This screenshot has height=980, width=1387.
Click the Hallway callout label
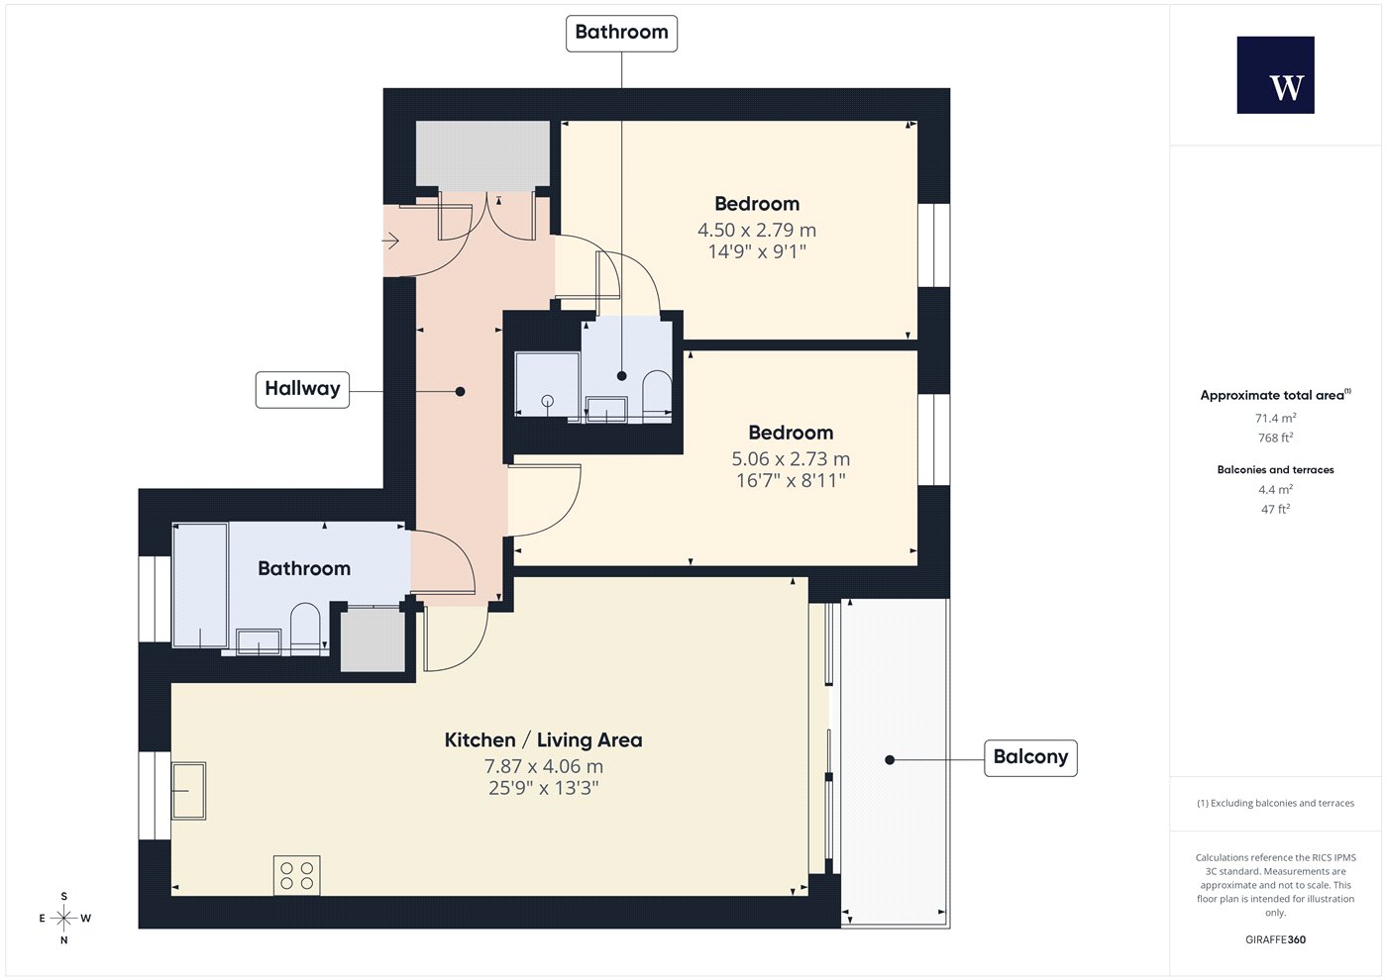click(302, 389)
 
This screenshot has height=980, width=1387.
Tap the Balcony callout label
click(1030, 757)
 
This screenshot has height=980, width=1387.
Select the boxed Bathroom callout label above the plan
click(621, 33)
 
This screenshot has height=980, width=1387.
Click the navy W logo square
click(1276, 75)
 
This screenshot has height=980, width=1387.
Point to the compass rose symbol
click(63, 918)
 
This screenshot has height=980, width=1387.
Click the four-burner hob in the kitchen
click(297, 875)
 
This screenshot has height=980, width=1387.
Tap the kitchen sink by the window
click(189, 791)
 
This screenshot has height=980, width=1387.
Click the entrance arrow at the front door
click(390, 240)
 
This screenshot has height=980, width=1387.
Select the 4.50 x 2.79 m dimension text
click(757, 230)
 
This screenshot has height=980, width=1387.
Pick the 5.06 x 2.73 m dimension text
click(791, 459)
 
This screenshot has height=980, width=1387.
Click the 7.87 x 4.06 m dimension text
click(544, 766)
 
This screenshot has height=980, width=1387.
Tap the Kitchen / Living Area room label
click(544, 740)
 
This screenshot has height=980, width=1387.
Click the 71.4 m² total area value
click(1276, 418)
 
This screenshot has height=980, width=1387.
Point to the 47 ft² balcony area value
click(1276, 509)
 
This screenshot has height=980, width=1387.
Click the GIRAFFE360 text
click(1276, 939)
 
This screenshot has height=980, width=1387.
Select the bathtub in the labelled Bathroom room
click(200, 586)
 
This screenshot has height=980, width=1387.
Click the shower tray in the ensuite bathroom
click(547, 384)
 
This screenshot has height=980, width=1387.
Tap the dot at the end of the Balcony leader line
click(890, 760)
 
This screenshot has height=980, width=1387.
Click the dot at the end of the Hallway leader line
click(460, 392)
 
